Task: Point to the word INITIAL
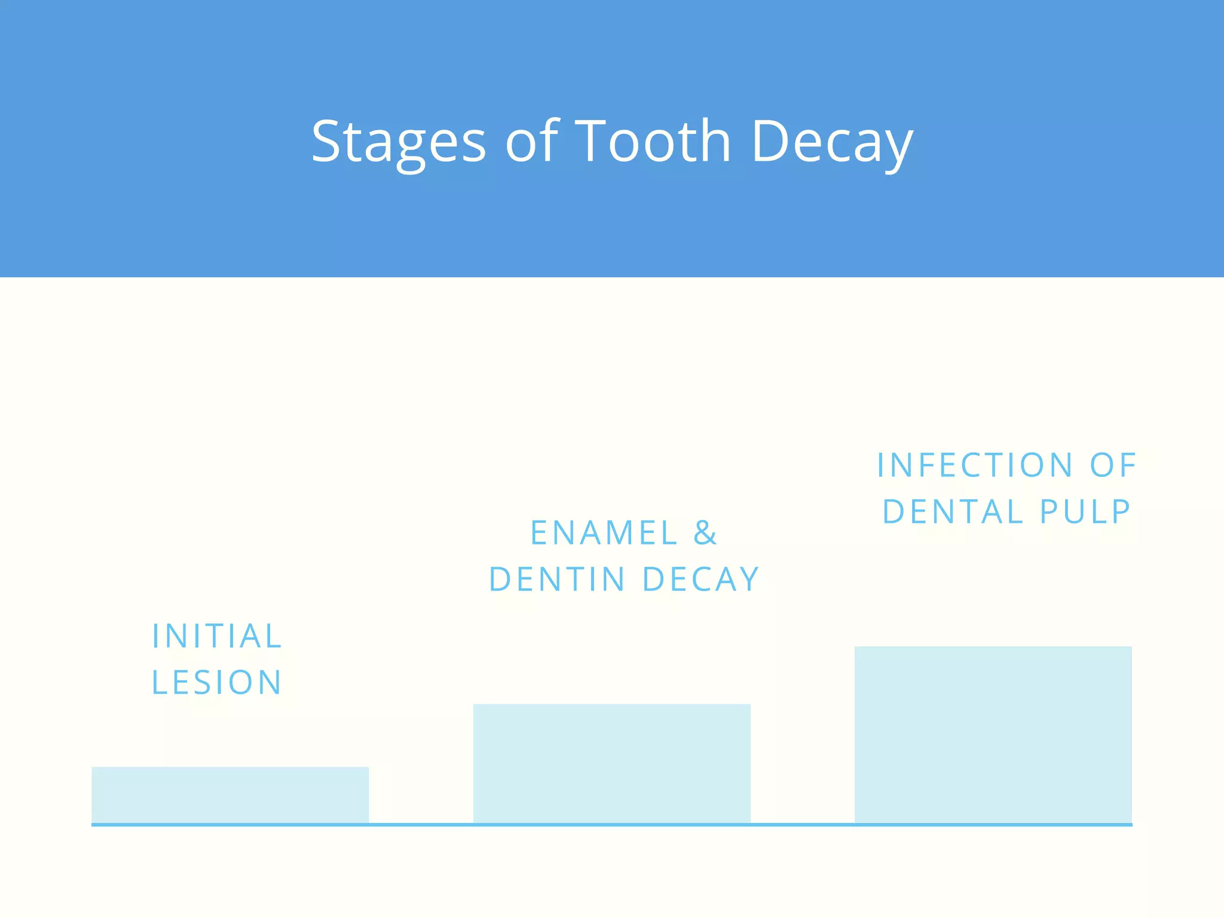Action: tap(217, 636)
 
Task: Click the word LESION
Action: tap(217, 683)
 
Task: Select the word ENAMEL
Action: tap(604, 533)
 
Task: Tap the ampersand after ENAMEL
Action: tap(705, 533)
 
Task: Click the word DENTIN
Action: tap(557, 580)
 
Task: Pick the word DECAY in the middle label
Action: tap(700, 580)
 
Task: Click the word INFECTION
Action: tap(974, 466)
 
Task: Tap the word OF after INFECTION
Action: tap(1113, 466)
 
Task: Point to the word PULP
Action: tap(1085, 512)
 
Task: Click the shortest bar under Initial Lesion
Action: tap(230, 795)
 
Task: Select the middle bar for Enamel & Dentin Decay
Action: tap(611, 764)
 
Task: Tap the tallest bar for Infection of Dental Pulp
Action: tap(993, 735)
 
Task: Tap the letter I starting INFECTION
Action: tap(880, 466)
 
